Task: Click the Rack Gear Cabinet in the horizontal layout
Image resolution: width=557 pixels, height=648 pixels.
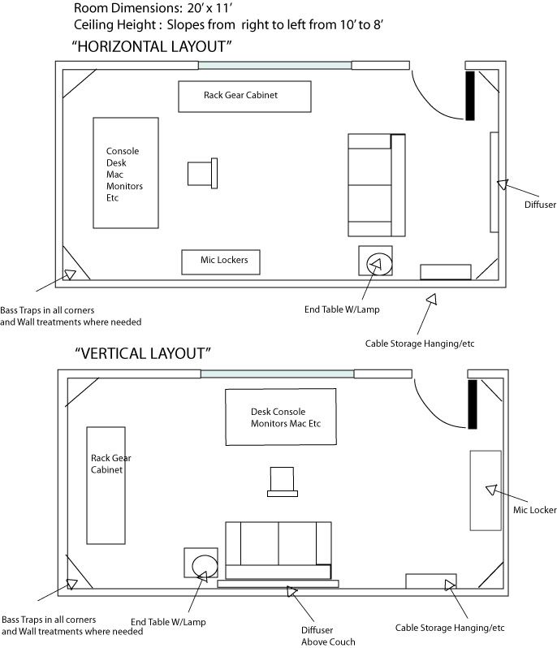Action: click(x=244, y=96)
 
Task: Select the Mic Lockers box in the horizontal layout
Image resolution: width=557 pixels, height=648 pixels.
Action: click(x=218, y=261)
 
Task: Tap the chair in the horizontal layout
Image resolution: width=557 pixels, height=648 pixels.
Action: click(x=202, y=173)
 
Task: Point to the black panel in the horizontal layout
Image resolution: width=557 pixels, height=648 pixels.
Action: click(x=468, y=96)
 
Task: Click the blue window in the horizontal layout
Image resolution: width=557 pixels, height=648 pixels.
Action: click(x=275, y=65)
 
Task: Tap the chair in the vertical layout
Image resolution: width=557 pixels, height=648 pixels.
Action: click(x=282, y=481)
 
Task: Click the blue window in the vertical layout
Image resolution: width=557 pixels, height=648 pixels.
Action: click(x=277, y=374)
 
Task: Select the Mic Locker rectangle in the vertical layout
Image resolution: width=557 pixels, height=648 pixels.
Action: click(x=486, y=490)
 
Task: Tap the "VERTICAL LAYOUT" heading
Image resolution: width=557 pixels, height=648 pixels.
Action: click(x=143, y=353)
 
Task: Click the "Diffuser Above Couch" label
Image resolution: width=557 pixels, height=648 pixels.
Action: click(x=317, y=636)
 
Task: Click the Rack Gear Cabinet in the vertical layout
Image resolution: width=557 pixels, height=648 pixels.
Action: click(x=106, y=485)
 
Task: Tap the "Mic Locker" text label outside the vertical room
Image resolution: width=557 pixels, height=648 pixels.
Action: click(x=533, y=510)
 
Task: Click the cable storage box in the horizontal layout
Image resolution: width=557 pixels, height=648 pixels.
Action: click(x=445, y=272)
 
